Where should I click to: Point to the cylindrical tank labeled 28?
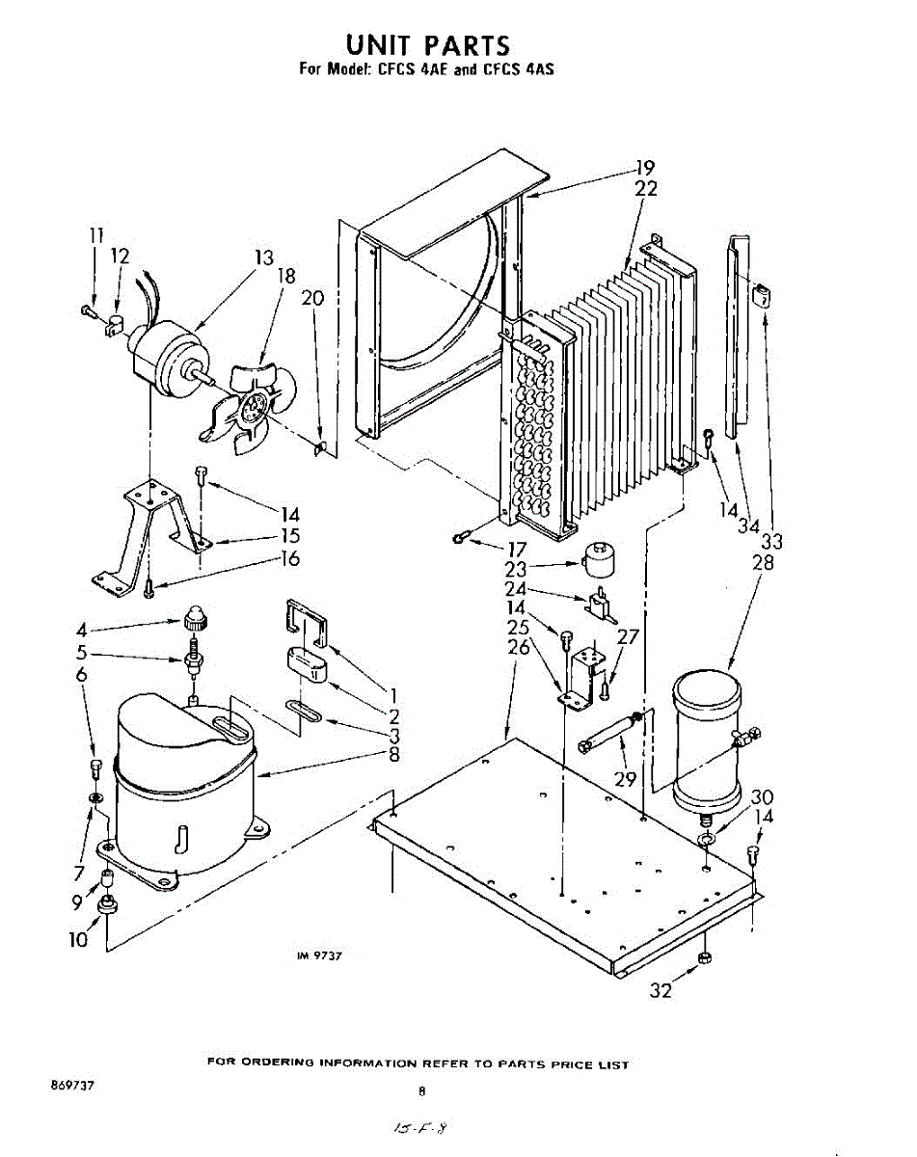pos(709,738)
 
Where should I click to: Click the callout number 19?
pos(643,166)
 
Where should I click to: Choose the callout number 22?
pos(645,189)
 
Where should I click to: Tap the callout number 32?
pos(660,989)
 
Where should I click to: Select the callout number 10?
pos(78,939)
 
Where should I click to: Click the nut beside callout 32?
pos(704,956)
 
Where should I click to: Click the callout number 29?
pos(625,778)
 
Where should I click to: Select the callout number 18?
pos(286,277)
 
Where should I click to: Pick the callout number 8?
pos(393,755)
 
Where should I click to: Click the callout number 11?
pos(95,234)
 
